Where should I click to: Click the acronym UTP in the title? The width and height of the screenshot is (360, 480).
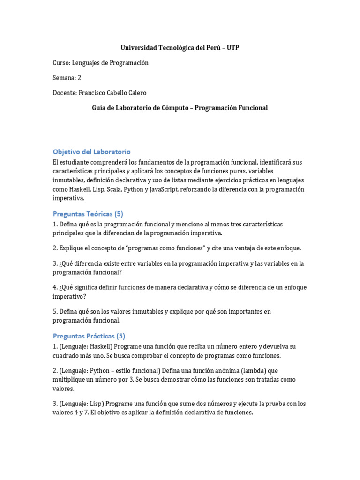233,48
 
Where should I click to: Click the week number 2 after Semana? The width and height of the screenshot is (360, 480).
79,78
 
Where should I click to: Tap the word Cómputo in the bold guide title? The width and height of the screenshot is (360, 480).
172,108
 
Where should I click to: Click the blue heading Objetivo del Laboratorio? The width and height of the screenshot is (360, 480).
91,152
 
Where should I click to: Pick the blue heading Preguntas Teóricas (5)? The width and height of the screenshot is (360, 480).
88,214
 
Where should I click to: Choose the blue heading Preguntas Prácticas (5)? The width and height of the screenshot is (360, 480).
89,336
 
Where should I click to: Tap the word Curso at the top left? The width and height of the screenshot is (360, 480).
61,63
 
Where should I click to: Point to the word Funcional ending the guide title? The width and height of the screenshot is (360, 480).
251,108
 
